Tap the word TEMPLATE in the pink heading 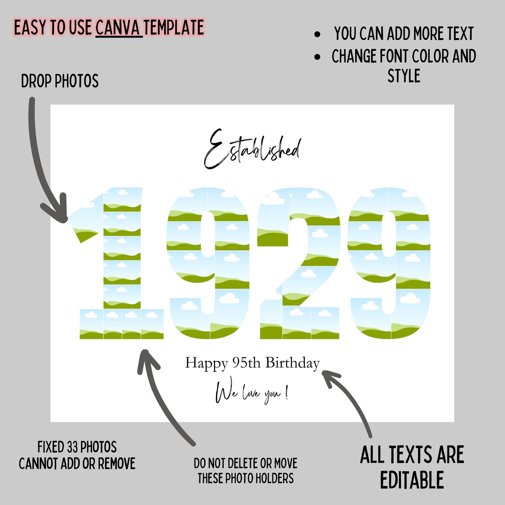tap(174, 28)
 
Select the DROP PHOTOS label tap(60, 81)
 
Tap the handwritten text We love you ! tap(252, 393)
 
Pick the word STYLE tap(404, 76)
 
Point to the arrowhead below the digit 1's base tap(147, 360)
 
